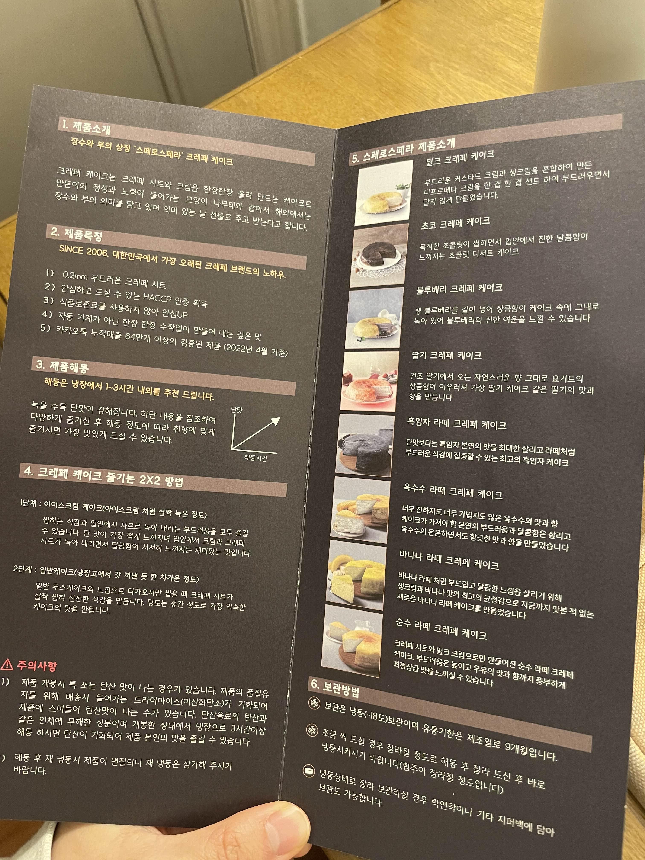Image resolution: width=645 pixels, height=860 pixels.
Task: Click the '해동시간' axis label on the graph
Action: pyautogui.click(x=256, y=458)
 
